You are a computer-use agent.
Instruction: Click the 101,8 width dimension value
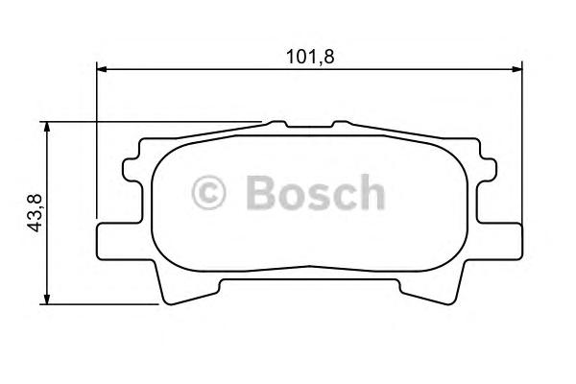pyautogui.click(x=311, y=55)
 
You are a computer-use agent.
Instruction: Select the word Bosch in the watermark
pyautogui.click(x=314, y=193)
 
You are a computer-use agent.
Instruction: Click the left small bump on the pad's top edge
pyautogui.click(x=277, y=125)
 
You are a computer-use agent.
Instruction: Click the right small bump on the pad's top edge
pyautogui.click(x=342, y=125)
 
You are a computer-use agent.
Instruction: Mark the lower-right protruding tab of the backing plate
pyautogui.click(x=506, y=240)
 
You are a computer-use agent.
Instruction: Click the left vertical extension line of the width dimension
pyautogui.click(x=98, y=144)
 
